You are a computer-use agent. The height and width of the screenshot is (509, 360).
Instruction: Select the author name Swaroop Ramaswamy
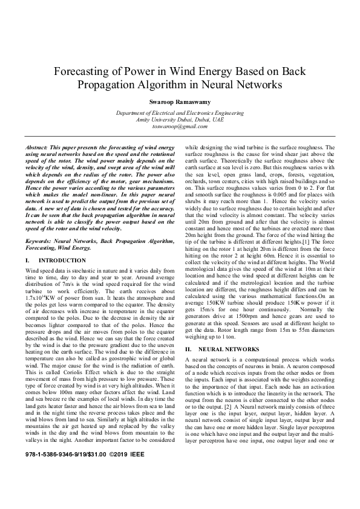(179, 101)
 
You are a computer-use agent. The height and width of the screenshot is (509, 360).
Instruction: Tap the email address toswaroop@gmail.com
(179, 127)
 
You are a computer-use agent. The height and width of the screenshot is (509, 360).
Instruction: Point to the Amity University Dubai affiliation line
(179, 120)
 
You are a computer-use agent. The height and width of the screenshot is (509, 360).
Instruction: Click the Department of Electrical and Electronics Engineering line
(179, 114)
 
